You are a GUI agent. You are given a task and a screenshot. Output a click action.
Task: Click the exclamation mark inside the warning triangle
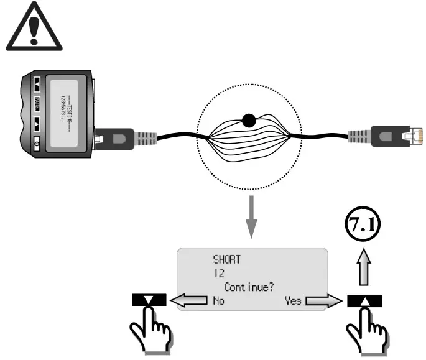tap(29, 32)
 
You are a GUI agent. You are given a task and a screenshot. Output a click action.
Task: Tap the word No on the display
tap(216, 300)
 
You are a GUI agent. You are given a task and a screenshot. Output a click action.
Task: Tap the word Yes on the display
tap(293, 300)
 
